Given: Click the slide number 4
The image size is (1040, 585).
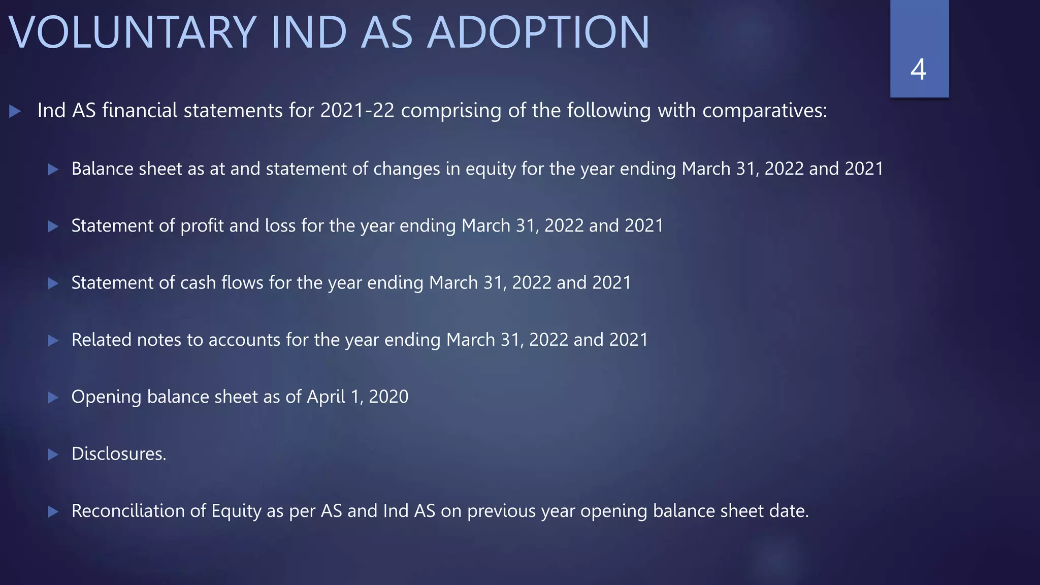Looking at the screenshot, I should coord(918,70).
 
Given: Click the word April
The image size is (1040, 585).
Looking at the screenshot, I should coord(326,397).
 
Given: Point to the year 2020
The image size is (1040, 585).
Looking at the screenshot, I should coord(388,397).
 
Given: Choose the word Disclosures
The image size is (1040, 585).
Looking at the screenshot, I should coord(118,453).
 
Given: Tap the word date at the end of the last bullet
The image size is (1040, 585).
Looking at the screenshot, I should coord(789,511).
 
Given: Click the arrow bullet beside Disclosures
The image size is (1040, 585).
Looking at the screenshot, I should coord(53,454).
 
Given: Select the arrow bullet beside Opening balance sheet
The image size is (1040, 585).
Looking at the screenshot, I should coord(53,397).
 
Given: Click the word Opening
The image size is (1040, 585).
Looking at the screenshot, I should coord(106,397).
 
